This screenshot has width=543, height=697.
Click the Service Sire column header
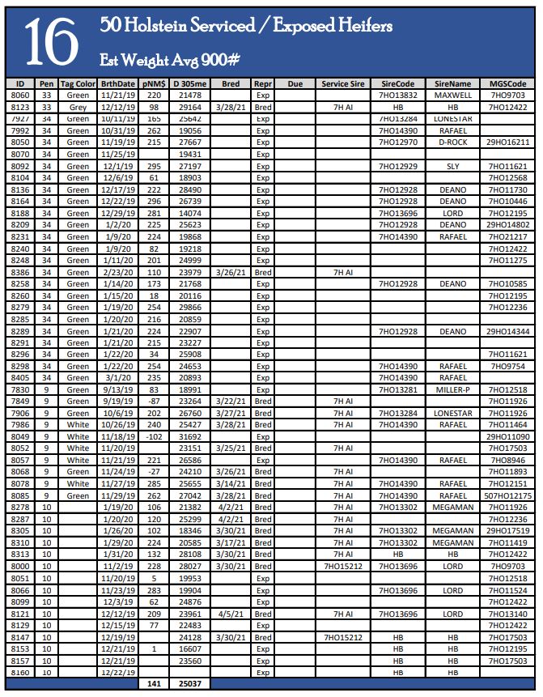[x=341, y=83]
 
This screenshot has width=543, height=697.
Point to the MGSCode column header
[x=507, y=83]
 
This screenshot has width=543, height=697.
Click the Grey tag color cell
[x=78, y=107]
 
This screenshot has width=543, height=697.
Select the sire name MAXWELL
[x=452, y=95]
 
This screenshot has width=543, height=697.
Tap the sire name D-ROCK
[x=452, y=142]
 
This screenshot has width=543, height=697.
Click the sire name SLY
[x=452, y=166]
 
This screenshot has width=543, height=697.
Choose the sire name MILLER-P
[x=452, y=389]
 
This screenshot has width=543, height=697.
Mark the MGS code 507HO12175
[x=507, y=495]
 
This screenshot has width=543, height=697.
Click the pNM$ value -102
[x=154, y=436]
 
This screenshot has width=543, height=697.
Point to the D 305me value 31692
[x=191, y=436]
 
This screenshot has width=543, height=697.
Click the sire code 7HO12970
[x=398, y=142]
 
